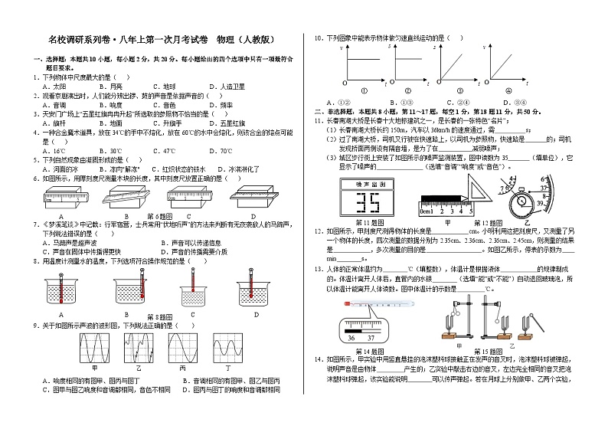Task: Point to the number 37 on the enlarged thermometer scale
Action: click(x=372, y=338)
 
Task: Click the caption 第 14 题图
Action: click(x=372, y=351)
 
